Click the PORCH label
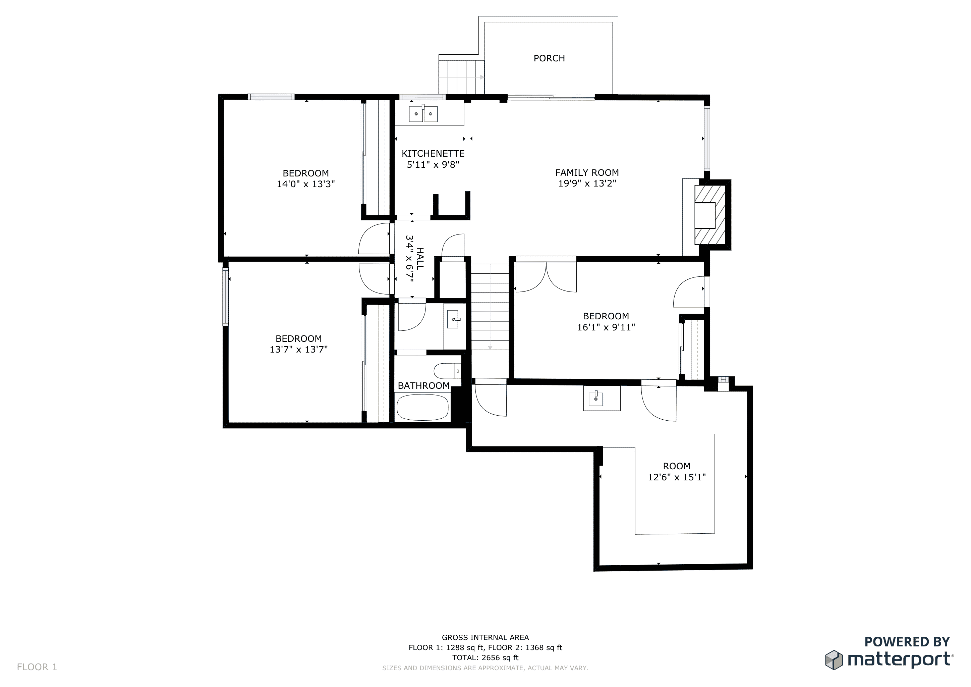549,58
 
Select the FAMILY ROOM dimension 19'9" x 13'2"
587,183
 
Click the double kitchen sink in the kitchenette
423,114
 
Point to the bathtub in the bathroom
422,407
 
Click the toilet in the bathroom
447,371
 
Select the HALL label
420,259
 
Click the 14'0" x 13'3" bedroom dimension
306,184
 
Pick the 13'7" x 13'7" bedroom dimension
298,350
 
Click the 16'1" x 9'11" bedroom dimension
606,327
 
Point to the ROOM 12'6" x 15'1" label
677,472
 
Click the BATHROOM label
424,386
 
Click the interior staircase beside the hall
490,307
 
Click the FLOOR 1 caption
37,667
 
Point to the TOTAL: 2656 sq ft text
485,658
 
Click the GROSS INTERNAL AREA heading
485,637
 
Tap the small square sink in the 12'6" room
596,398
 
